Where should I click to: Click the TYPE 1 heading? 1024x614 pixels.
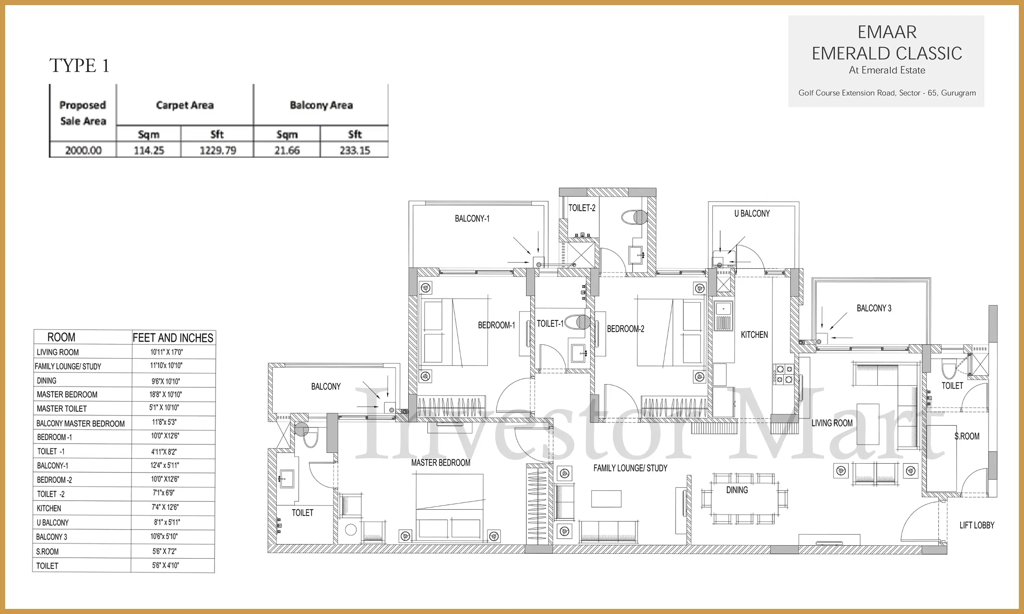(79, 65)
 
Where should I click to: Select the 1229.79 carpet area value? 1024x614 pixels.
(218, 150)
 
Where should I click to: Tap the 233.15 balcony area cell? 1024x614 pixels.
(355, 150)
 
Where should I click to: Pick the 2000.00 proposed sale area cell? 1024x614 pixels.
(83, 150)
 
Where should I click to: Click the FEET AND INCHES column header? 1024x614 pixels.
(173, 338)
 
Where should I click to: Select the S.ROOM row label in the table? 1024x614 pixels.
(47, 552)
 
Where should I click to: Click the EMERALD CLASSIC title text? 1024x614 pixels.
(886, 53)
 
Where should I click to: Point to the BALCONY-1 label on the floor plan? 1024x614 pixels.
(472, 218)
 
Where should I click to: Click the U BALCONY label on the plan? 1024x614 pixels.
(752, 214)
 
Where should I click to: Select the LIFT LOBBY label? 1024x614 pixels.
(977, 525)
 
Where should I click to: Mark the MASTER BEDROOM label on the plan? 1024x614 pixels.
(440, 463)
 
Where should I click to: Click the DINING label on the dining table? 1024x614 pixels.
(737, 490)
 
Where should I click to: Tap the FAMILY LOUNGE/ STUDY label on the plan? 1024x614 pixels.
(630, 468)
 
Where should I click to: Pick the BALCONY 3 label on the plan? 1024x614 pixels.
(874, 308)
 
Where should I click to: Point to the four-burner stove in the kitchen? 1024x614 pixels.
(783, 374)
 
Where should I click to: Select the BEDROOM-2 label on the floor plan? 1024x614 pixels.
(625, 329)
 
